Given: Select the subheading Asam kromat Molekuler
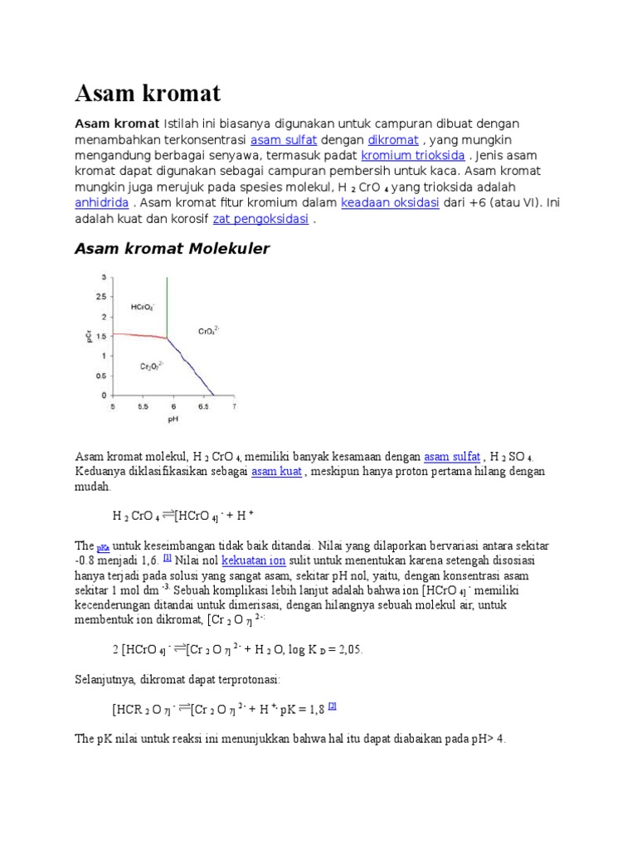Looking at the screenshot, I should click(x=172, y=249).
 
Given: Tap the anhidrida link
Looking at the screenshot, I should click(x=101, y=202).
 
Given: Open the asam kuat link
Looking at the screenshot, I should click(x=276, y=471).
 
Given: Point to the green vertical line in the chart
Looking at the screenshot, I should click(x=167, y=307).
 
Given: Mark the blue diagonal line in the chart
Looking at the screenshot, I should click(x=192, y=367).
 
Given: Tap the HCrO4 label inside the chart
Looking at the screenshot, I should click(x=142, y=308).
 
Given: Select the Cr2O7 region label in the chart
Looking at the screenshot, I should click(x=151, y=365).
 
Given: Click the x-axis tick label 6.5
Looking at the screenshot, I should click(x=202, y=406).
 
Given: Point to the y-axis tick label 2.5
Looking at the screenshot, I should click(x=100, y=296).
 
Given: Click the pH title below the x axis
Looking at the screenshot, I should click(x=173, y=420).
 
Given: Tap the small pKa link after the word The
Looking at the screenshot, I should click(x=103, y=548).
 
